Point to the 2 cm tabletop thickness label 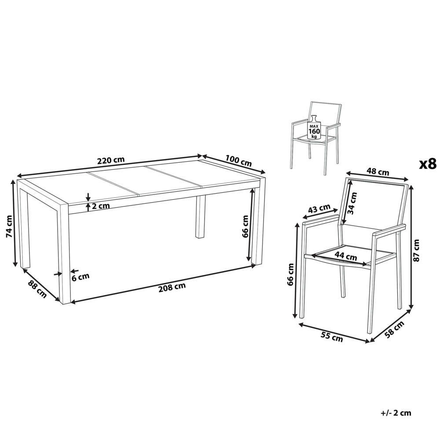(x=101, y=205)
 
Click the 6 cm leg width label (x=81, y=276)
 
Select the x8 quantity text (x=426, y=164)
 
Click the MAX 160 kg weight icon (x=313, y=127)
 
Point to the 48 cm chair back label (x=377, y=172)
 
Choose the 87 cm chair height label (x=417, y=250)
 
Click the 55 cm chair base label (x=331, y=338)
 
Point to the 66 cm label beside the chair (x=290, y=275)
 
